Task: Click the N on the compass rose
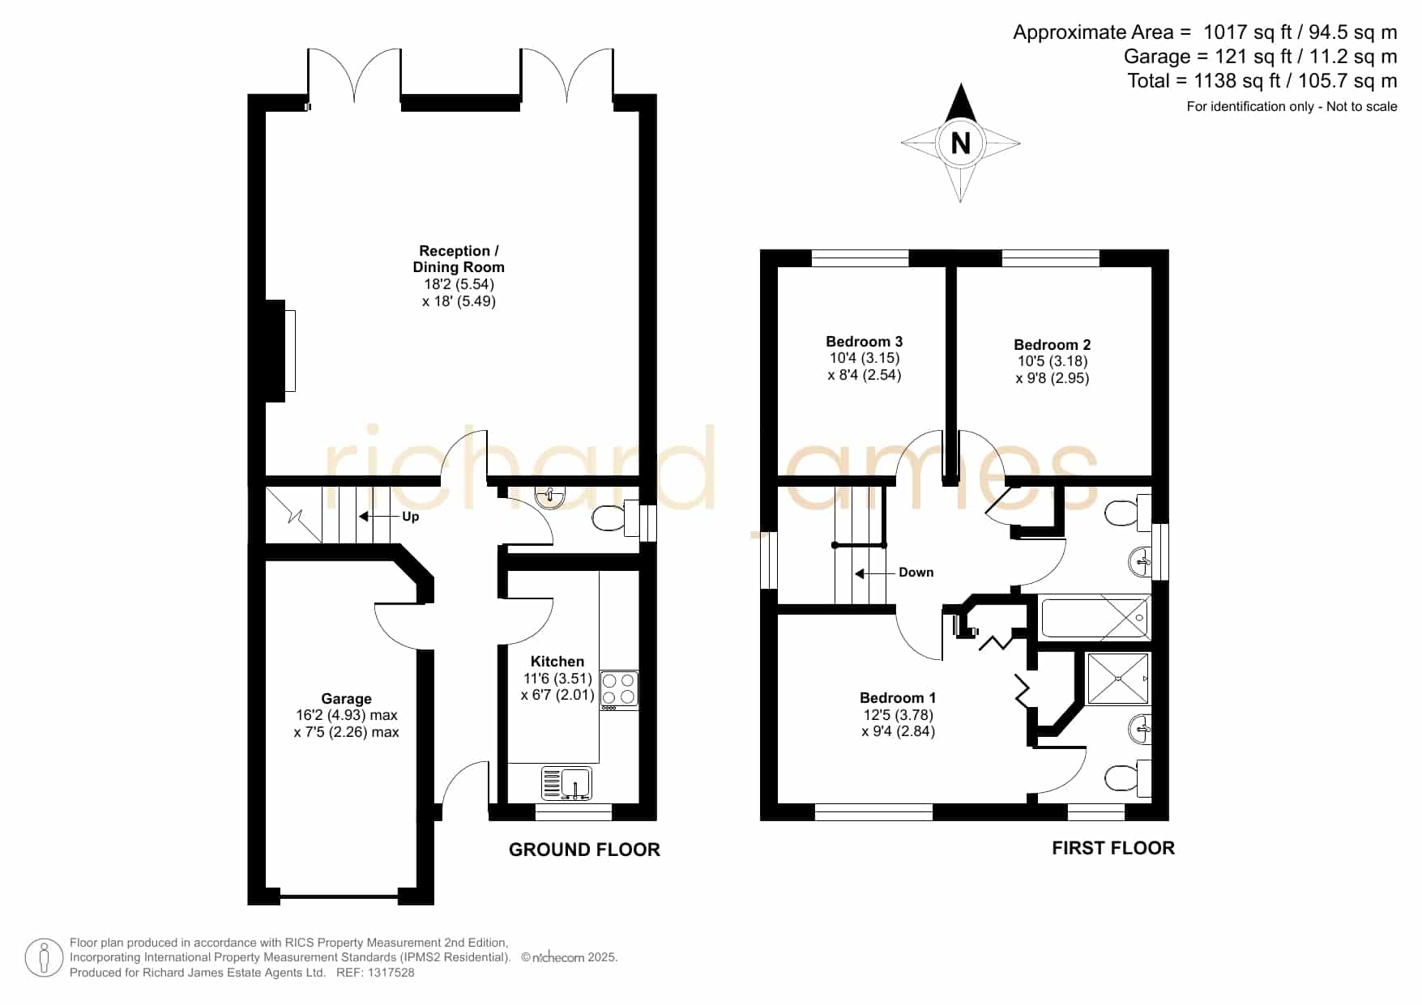pyautogui.click(x=960, y=143)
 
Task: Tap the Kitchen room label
pyautogui.click(x=557, y=662)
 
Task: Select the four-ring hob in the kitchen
pyautogui.click(x=619, y=690)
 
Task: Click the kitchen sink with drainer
pyautogui.click(x=566, y=784)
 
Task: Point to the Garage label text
pyautogui.click(x=347, y=699)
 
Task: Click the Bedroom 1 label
pyautogui.click(x=898, y=698)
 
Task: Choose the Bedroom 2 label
pyautogui.click(x=1053, y=345)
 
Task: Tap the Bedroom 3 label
pyautogui.click(x=865, y=342)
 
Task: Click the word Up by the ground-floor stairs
pyautogui.click(x=411, y=517)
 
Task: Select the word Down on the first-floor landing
pyautogui.click(x=916, y=573)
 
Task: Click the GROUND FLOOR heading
pyautogui.click(x=584, y=850)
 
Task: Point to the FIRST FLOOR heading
pyautogui.click(x=1113, y=848)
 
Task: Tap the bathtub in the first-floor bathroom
pyautogui.click(x=1095, y=619)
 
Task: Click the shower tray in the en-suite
pyautogui.click(x=1118, y=679)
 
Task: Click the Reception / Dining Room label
pyautogui.click(x=459, y=259)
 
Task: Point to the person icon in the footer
pyautogui.click(x=44, y=958)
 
